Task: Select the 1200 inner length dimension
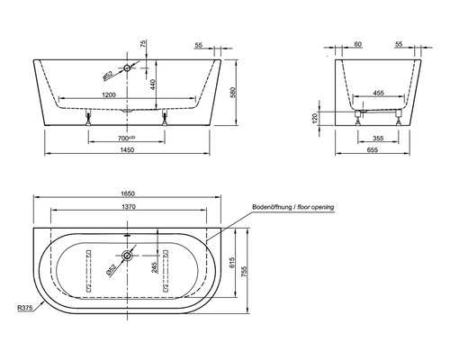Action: pyautogui.click(x=109, y=95)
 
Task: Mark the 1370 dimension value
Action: pyautogui.click(x=125, y=207)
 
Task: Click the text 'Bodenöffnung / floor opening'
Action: pyautogui.click(x=293, y=207)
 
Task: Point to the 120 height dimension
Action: pyautogui.click(x=329, y=117)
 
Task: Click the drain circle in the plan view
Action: pyautogui.click(x=129, y=256)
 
